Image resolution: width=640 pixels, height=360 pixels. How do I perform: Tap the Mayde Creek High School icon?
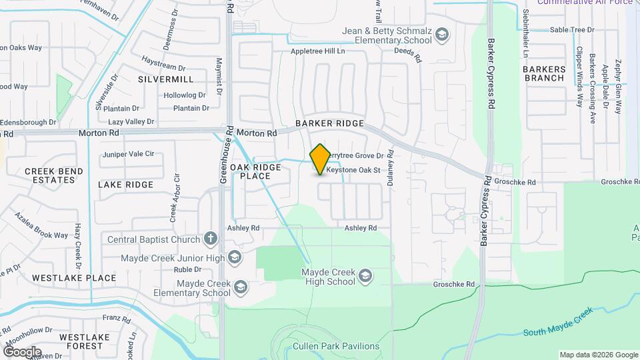pyautogui.click(x=365, y=275)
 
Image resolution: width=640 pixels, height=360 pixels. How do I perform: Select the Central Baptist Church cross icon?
pyautogui.click(x=211, y=239)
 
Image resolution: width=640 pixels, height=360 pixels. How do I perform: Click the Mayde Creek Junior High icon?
pyautogui.click(x=234, y=257)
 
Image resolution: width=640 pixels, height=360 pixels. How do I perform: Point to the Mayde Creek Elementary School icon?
pyautogui.click(x=240, y=287)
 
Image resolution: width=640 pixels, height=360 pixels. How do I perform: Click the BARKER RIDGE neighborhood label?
pyautogui.click(x=331, y=124)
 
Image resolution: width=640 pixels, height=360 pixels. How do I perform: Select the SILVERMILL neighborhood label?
pyautogui.click(x=165, y=79)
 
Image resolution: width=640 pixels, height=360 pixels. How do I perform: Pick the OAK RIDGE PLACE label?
pyautogui.click(x=255, y=171)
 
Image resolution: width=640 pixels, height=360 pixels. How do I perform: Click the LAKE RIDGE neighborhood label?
pyautogui.click(x=125, y=184)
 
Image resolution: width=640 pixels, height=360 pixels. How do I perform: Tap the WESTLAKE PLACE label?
pyautogui.click(x=74, y=277)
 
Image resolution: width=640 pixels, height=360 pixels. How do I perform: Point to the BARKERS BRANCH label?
pyautogui.click(x=544, y=73)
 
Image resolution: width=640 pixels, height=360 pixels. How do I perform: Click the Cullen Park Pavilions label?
pyautogui.click(x=336, y=346)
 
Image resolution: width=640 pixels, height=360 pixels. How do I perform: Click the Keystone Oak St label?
pyautogui.click(x=353, y=170)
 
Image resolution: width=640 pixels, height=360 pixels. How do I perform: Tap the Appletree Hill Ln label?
pyautogui.click(x=317, y=51)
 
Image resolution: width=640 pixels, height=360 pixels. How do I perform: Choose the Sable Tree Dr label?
pyautogui.click(x=572, y=30)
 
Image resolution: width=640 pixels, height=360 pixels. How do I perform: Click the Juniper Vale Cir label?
pyautogui.click(x=128, y=155)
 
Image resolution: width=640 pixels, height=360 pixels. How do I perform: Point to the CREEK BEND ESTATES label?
pyautogui.click(x=54, y=175)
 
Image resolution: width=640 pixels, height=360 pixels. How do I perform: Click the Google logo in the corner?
pyautogui.click(x=22, y=351)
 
